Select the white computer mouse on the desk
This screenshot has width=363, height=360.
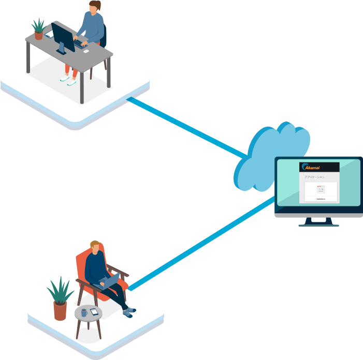(x=86, y=51)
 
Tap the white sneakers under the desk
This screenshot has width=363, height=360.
(x=68, y=80)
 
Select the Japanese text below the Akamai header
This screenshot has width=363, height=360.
(x=315, y=177)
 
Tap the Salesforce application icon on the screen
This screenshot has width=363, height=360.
(x=321, y=191)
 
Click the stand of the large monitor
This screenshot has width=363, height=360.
(x=318, y=221)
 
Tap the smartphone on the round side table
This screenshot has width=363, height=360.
(x=94, y=311)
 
